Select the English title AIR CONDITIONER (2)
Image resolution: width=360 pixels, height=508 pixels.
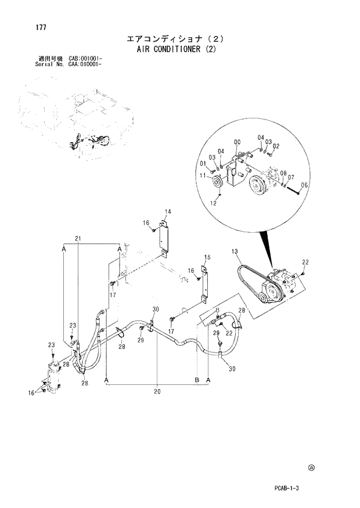[175, 49]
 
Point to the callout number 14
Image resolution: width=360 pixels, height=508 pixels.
[167, 211]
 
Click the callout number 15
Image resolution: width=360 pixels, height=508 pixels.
[206, 257]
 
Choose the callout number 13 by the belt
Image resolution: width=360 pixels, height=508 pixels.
[235, 251]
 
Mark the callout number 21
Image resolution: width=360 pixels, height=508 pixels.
[78, 239]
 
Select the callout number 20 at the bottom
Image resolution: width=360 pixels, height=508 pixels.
[157, 391]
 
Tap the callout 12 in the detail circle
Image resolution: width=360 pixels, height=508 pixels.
[213, 204]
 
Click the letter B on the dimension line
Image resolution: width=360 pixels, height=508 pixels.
[197, 379]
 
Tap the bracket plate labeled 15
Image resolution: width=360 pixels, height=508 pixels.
[205, 284]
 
